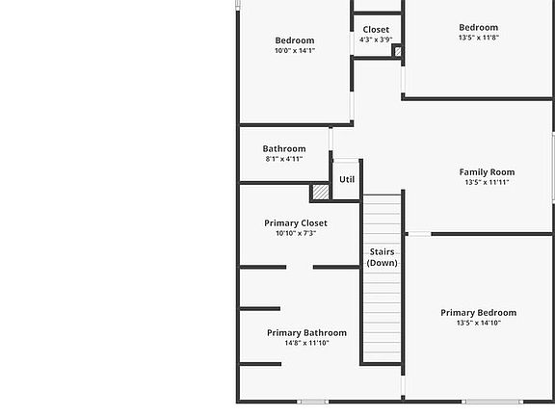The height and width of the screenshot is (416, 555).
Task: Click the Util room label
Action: pyautogui.click(x=347, y=179)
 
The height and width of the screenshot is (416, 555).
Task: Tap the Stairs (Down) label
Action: pyautogui.click(x=382, y=257)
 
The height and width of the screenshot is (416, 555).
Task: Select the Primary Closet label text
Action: pyautogui.click(x=296, y=223)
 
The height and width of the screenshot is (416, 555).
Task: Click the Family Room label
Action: pyautogui.click(x=487, y=172)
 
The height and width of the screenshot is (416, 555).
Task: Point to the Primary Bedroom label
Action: pyautogui.click(x=479, y=313)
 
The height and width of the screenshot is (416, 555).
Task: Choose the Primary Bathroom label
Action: pyautogui.click(x=306, y=333)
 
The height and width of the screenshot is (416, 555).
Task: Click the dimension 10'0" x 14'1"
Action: pyautogui.click(x=295, y=51)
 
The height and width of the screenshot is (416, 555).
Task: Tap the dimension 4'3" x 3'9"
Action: pyautogui.click(x=376, y=39)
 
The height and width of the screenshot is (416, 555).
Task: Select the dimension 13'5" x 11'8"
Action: pyautogui.click(x=479, y=38)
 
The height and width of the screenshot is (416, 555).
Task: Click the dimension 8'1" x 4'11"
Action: pyautogui.click(x=284, y=159)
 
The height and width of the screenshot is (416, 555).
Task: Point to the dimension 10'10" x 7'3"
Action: pyautogui.click(x=296, y=233)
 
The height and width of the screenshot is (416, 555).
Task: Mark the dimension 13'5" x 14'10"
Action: pyautogui.click(x=479, y=323)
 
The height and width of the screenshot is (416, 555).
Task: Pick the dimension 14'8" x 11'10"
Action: pyautogui.click(x=306, y=343)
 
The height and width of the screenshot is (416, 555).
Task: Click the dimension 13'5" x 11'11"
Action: pyautogui.click(x=487, y=182)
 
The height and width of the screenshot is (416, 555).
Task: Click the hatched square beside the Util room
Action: pyautogui.click(x=321, y=192)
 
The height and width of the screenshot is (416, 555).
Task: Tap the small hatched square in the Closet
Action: pyautogui.click(x=398, y=52)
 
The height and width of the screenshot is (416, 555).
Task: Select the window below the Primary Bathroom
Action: pyautogui.click(x=312, y=402)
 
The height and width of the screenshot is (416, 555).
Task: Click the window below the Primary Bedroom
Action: pyautogui.click(x=492, y=402)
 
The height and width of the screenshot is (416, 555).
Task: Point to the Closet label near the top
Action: pyautogui.click(x=376, y=30)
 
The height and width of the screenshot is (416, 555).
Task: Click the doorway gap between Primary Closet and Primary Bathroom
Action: pyautogui.click(x=300, y=267)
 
